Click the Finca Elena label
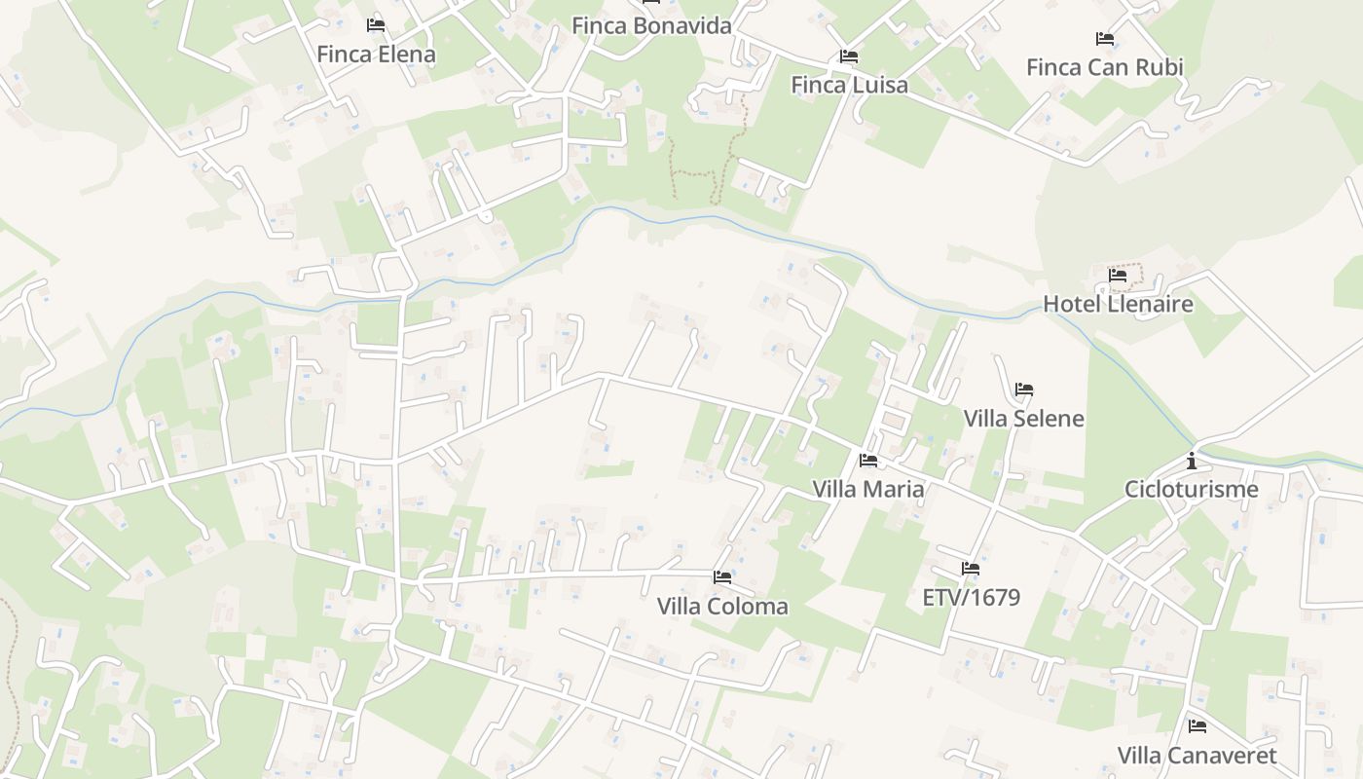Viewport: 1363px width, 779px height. pos(376,55)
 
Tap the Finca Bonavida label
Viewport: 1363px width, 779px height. pos(651,26)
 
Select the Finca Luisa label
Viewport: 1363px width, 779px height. pos(849,85)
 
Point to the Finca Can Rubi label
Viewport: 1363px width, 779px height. pos(1105,67)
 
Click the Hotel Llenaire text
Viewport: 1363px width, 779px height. pos(1118,304)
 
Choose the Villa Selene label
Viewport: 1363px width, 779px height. pos(1023,419)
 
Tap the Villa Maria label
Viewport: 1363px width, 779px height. pos(868,489)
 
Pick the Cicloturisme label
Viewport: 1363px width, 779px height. pos(1191,489)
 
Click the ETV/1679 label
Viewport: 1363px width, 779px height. pos(971,597)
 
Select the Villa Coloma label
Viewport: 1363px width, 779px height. pos(722,607)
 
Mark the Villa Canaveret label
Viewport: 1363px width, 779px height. pos(1197,756)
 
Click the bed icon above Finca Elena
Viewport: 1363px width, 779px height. pos(376,25)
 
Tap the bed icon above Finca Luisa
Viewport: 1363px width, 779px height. pos(849,56)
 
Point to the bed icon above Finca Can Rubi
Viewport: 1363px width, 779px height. pos(1105,39)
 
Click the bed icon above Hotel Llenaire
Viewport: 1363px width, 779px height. pos(1118,276)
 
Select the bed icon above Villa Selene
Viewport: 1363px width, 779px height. pos(1023,389)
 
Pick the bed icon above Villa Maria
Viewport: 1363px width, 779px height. pos(868,461)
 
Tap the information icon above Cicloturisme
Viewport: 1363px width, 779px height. pos(1191,461)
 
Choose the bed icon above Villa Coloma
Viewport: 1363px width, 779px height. pos(722,577)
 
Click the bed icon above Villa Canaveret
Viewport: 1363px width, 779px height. pos(1197,726)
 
